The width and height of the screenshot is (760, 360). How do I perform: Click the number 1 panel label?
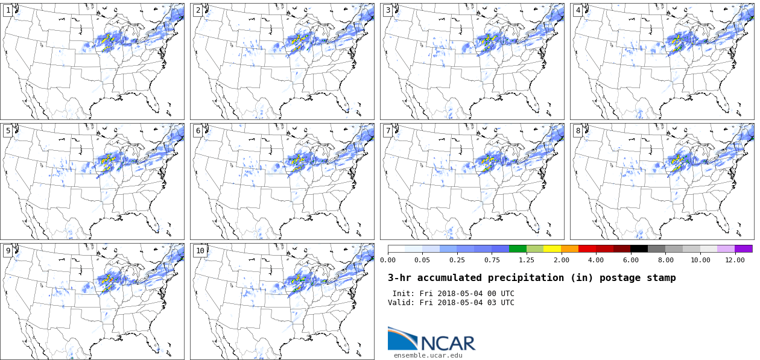[x=8, y=10]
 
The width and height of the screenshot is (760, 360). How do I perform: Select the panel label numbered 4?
[x=578, y=10]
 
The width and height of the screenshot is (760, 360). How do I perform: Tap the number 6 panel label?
[x=198, y=131]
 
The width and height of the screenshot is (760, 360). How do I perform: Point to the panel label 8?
[x=578, y=131]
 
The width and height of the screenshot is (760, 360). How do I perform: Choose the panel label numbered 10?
[x=200, y=251]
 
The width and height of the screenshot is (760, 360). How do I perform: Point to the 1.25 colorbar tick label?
[x=527, y=260]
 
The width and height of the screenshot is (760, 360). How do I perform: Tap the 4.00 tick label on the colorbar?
[x=596, y=260]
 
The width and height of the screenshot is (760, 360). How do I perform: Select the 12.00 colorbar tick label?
[x=735, y=260]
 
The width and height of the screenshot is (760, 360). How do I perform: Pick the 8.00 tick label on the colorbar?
[x=665, y=260]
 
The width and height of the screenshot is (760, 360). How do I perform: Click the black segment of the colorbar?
[x=639, y=248]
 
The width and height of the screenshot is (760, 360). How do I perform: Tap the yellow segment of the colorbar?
[x=552, y=248]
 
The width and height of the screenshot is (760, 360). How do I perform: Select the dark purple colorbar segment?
[x=744, y=248]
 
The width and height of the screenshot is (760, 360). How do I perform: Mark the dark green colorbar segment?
[x=518, y=248]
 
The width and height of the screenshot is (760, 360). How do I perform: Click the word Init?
[x=403, y=294]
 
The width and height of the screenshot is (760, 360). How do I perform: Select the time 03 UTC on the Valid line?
[x=500, y=303]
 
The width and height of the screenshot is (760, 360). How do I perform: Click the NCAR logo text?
[x=448, y=343]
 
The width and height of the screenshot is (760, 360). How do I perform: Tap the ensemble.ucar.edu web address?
[x=428, y=355]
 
